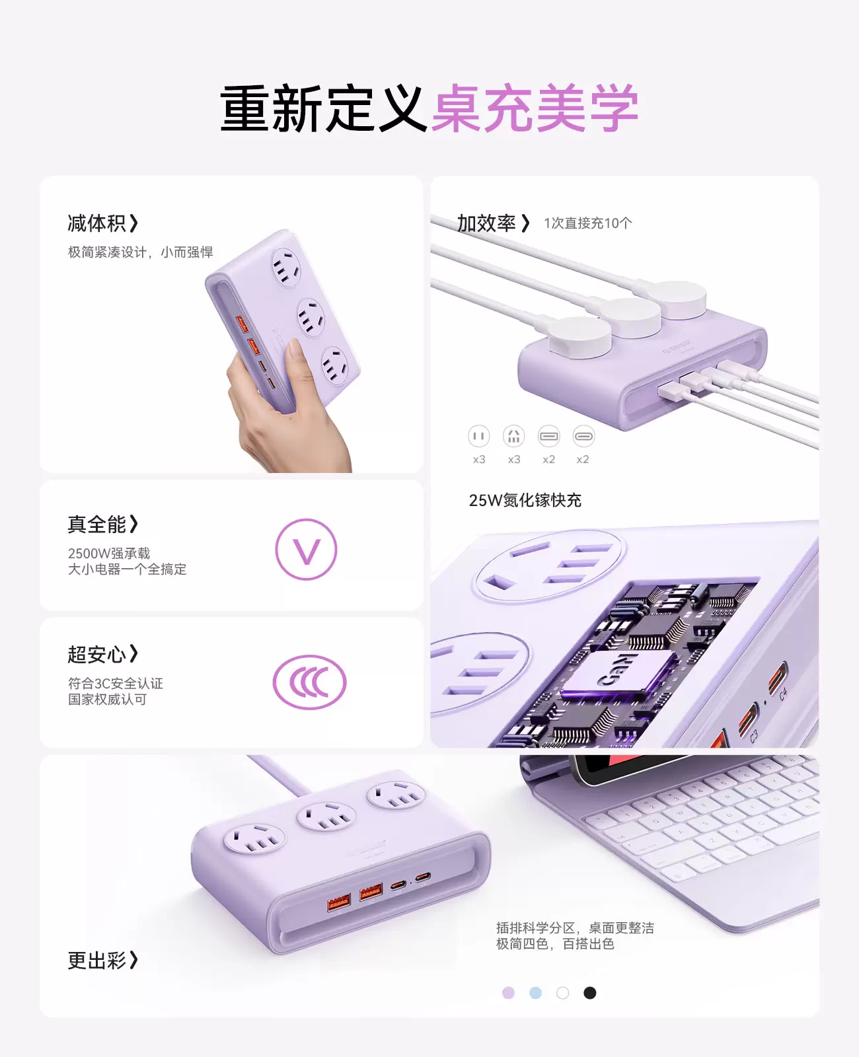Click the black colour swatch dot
click(589, 993)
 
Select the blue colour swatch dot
click(535, 993)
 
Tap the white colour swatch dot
click(563, 993)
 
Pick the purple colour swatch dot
click(509, 993)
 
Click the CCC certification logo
click(309, 682)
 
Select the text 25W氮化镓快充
click(525, 500)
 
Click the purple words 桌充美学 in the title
click(535, 108)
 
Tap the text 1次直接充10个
click(588, 223)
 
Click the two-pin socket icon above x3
click(479, 436)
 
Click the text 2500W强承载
click(108, 554)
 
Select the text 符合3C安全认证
click(115, 683)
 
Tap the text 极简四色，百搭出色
click(555, 944)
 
